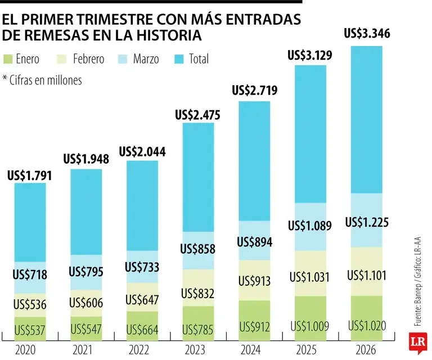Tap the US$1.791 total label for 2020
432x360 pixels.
(30, 175)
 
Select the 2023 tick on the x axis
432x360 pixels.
(198, 350)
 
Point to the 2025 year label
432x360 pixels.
(310, 350)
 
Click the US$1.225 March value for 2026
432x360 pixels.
(367, 222)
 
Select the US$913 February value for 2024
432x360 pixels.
(254, 280)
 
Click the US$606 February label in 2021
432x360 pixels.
(85, 303)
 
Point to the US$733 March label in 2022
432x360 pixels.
(142, 267)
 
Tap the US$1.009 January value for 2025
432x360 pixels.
(310, 326)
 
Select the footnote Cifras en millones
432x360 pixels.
(42, 80)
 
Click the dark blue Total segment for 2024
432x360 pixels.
(254, 160)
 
